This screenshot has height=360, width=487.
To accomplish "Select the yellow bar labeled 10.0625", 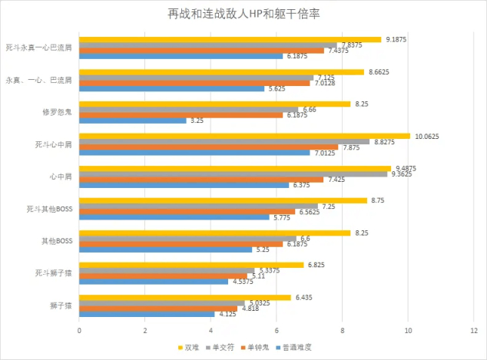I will [x=244, y=136].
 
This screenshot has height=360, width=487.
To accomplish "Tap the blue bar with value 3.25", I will [x=132, y=121].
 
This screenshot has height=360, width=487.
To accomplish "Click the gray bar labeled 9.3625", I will [x=233, y=174].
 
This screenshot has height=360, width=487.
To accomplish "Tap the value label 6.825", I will [x=317, y=265].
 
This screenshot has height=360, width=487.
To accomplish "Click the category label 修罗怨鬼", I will [x=58, y=112].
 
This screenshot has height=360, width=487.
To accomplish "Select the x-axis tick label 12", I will [x=474, y=331].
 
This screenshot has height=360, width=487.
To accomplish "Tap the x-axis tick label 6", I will [x=277, y=331].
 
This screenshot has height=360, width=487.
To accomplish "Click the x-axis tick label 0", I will [x=79, y=331].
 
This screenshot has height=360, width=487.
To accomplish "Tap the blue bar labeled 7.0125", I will [x=194, y=153].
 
